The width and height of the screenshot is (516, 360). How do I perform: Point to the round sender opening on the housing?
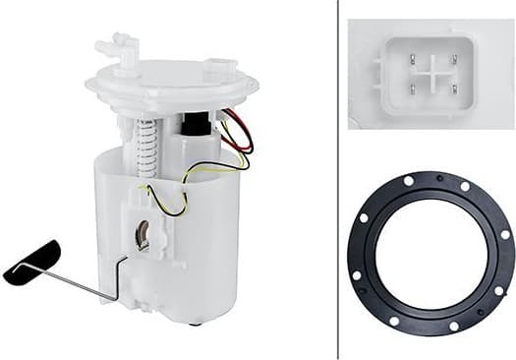(x=142, y=235)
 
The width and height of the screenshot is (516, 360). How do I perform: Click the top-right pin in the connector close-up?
(x=454, y=59)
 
